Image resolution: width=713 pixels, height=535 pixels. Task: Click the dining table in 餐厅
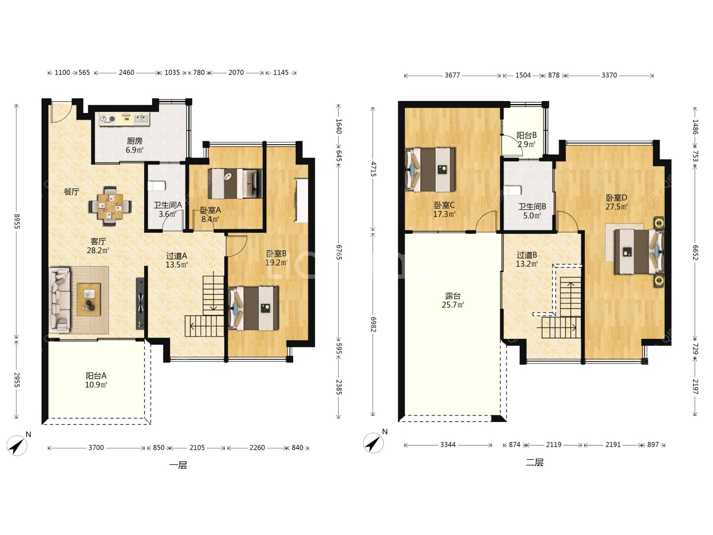point(110,206)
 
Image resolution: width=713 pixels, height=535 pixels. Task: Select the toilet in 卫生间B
point(512,190)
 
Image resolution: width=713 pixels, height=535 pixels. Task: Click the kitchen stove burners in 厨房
point(108,119)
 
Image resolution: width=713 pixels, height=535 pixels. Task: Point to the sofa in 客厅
point(59,300)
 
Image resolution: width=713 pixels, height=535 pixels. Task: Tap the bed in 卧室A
point(235,183)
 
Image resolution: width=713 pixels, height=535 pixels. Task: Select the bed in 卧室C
point(430,169)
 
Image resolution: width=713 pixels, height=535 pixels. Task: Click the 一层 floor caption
point(178,465)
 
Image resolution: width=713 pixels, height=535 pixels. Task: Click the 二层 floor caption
point(534,462)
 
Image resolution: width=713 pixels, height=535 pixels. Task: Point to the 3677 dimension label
point(452,75)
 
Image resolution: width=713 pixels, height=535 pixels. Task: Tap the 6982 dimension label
point(373,324)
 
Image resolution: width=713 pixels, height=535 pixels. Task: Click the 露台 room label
point(453,296)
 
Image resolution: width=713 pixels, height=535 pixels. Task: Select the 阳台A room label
point(96,376)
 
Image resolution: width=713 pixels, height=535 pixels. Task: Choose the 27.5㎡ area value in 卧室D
point(616,207)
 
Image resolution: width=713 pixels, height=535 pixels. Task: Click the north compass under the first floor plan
point(17,445)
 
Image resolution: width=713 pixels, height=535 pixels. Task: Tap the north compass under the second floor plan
point(374,442)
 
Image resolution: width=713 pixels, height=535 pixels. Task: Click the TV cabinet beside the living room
point(140,304)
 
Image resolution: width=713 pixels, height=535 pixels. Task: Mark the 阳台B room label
point(526,135)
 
